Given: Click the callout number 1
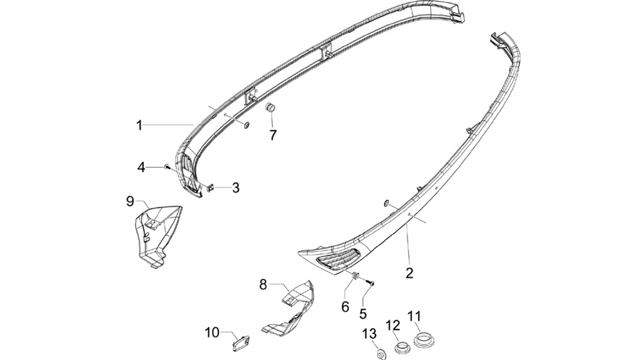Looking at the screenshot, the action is tap(139, 125).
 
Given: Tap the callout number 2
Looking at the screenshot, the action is tap(409, 272).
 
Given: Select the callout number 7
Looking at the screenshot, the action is tap(272, 134).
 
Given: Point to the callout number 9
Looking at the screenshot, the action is tap(130, 201).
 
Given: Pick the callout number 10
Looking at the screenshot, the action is tap(212, 333).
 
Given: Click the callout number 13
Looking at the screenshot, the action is tap(369, 334).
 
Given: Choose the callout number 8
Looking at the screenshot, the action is tap(263, 285).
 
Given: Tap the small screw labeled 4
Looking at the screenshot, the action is tap(167, 166).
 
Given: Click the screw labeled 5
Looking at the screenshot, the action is tap(370, 282).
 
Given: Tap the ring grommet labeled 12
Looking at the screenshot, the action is tap(402, 348).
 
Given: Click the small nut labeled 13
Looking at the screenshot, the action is tap(380, 354).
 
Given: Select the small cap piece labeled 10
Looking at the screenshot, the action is tap(240, 342).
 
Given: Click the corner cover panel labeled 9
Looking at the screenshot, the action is tap(157, 236).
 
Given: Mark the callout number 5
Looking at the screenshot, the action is tap(363, 314).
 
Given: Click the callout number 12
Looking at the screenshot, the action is tap(393, 325).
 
